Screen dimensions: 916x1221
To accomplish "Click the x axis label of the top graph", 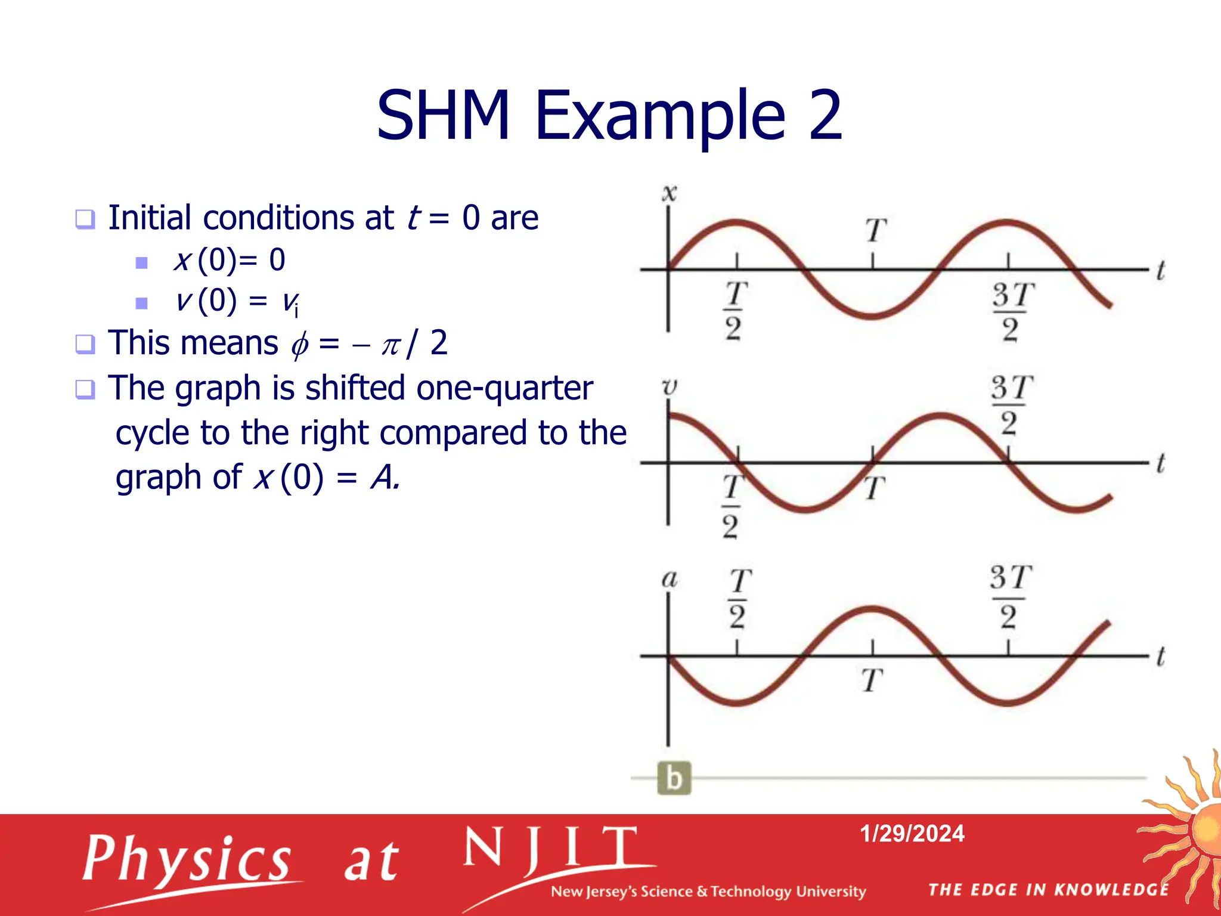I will point(669,193).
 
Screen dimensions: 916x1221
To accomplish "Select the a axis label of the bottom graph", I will point(670,578).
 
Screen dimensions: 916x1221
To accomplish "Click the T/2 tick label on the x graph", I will point(735,311).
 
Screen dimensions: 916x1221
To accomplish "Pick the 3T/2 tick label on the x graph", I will point(1012,311).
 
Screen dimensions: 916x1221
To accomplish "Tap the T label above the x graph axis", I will point(875,230).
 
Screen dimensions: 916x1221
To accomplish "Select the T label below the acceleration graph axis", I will point(872,680).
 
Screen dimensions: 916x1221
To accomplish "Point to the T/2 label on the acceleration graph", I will point(739,599).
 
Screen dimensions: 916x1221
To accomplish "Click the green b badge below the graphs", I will point(674,778).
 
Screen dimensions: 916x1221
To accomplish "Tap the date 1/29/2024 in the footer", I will point(912,834).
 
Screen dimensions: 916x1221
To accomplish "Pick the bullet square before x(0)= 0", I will point(142,263).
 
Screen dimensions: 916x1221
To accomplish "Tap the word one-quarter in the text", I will point(504,388).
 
